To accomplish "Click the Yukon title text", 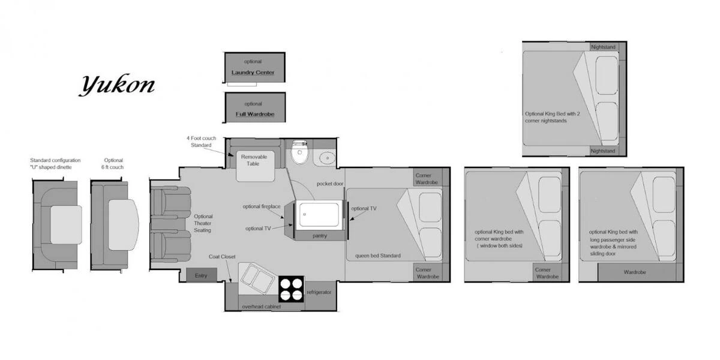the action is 118,85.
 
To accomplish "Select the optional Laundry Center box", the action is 254,67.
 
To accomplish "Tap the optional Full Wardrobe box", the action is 255,107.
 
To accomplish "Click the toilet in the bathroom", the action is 299,152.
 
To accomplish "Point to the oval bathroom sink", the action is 327,158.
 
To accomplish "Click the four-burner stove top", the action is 291,289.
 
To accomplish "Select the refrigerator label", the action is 319,292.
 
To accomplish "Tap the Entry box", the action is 202,275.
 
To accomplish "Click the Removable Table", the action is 255,166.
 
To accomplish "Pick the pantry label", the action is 319,236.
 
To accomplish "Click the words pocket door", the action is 330,184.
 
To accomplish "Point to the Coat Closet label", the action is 222,257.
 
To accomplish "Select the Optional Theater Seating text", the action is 203,223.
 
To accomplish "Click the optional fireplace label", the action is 262,206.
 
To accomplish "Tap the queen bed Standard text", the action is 377,256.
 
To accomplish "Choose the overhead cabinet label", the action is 262,307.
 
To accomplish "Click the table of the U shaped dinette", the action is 66,224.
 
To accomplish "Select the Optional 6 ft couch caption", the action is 113,164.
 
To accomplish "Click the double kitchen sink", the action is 257,278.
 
